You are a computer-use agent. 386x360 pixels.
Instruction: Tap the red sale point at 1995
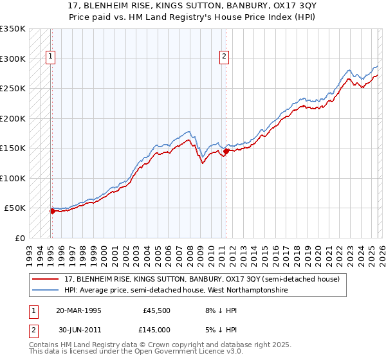(51, 210)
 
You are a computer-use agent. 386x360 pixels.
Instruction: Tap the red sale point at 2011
(226, 152)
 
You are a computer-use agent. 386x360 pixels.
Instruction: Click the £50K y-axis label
(15, 208)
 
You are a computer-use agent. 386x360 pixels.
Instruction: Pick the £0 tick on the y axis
(19, 238)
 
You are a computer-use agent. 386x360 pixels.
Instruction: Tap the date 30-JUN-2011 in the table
(78, 330)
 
